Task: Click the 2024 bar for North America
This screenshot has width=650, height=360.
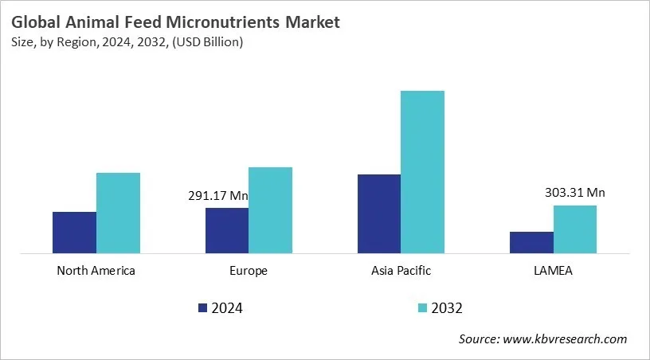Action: click(x=74, y=233)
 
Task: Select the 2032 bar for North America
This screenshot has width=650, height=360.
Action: click(x=118, y=213)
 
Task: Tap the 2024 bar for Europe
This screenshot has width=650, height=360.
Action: click(x=227, y=231)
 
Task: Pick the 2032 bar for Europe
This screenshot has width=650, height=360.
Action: click(x=271, y=210)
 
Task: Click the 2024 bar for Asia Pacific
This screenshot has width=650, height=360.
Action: click(x=379, y=214)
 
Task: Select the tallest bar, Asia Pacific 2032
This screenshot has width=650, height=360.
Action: click(x=423, y=172)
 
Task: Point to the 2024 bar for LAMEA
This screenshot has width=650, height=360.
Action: click(x=531, y=243)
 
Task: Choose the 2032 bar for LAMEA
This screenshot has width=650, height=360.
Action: click(x=575, y=229)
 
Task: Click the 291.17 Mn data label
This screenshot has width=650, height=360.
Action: click(x=218, y=195)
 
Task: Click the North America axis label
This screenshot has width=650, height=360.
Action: click(x=96, y=271)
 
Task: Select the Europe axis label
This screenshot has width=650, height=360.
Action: click(x=249, y=271)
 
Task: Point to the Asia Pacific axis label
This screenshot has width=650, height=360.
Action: click(x=401, y=271)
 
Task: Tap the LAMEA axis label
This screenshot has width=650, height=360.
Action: click(x=553, y=271)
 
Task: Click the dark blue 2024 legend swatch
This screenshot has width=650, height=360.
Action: click(x=202, y=307)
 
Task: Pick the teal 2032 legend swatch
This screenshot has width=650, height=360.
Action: click(x=422, y=307)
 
